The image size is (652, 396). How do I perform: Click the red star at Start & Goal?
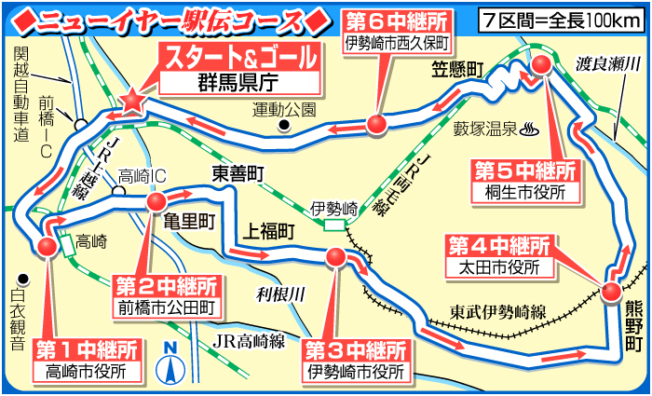pos(132,100)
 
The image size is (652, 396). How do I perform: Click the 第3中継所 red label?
pos(357,351)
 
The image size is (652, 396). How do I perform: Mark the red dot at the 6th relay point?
pos(375,125)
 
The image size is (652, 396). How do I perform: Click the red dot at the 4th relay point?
pos(612,291)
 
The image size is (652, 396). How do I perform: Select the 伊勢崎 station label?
pos(333,208)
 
